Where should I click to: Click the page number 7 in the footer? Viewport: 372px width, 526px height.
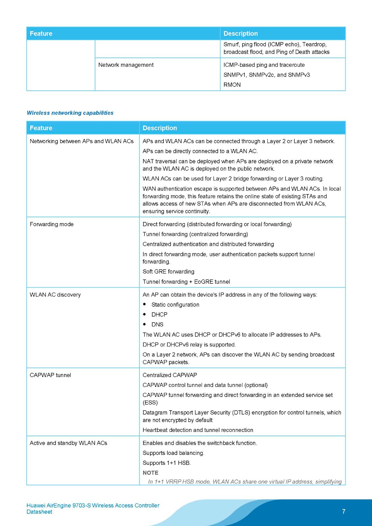point(344,512)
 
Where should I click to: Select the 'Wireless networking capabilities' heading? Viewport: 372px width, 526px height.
point(70,113)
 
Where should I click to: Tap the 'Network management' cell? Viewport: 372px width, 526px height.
point(126,65)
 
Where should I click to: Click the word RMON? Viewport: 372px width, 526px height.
point(232,85)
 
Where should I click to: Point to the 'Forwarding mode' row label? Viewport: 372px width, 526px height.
point(52,224)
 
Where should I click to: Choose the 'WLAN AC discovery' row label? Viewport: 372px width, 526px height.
point(55,295)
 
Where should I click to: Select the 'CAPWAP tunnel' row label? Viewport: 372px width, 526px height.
point(50,375)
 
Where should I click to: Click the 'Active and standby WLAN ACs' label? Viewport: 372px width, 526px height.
point(68,443)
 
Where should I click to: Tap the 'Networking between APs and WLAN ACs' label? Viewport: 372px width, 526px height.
point(82,141)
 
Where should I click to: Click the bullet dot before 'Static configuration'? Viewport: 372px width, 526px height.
point(145,304)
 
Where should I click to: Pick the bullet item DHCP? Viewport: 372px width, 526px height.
point(160,315)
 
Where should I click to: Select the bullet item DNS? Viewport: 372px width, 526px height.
point(158,324)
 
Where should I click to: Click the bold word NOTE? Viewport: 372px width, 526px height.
point(151,473)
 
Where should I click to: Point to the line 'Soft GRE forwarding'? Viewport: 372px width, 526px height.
point(168,272)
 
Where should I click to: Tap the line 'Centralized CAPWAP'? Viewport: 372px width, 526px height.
point(170,375)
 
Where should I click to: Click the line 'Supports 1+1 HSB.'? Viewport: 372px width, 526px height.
point(167,463)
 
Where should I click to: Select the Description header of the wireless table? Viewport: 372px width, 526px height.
point(160,128)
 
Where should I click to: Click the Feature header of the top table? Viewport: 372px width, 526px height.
point(41,34)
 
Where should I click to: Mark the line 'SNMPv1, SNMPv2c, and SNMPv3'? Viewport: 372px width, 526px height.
point(267,75)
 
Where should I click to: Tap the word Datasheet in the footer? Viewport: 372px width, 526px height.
point(39,512)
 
